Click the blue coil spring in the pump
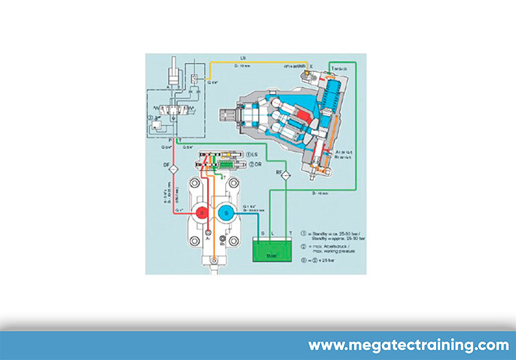point(337,101)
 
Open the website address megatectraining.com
point(408,345)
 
